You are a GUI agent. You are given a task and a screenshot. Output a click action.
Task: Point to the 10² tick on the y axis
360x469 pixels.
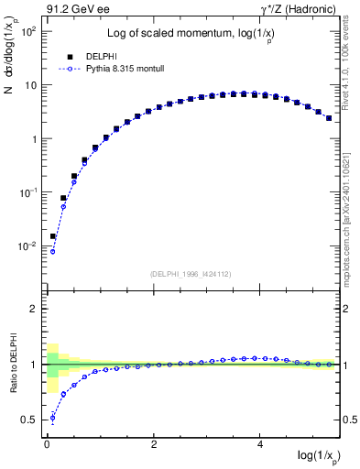[x=29, y=31]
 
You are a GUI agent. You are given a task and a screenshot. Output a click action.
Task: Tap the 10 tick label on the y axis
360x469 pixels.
[x=29, y=85]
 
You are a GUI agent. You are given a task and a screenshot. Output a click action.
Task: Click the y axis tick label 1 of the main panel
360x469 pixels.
[x=33, y=139]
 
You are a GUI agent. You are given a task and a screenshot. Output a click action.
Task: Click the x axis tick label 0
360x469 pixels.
[x=47, y=445]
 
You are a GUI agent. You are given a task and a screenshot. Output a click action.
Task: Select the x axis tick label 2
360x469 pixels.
[x=154, y=445]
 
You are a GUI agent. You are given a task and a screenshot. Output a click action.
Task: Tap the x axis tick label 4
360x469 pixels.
[x=261, y=445]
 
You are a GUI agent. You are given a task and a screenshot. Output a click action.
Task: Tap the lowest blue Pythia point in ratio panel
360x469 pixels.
[x=52, y=419]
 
